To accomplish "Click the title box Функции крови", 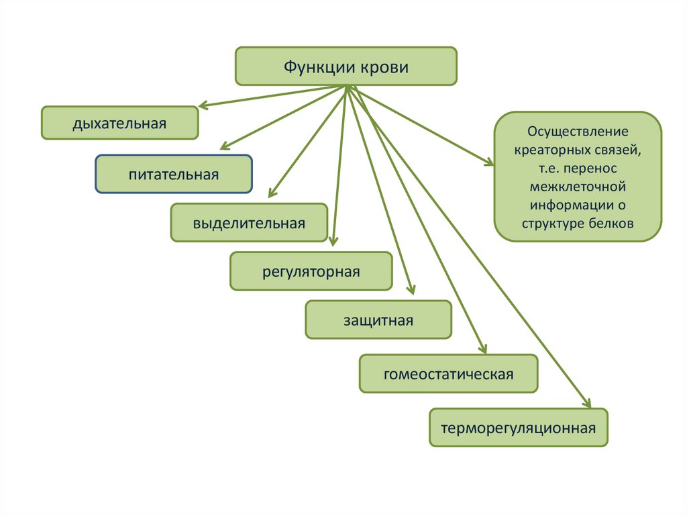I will [346, 66].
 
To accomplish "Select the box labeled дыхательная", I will [120, 123].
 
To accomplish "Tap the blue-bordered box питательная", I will [174, 175].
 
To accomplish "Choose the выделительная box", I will [249, 223].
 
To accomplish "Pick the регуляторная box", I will [311, 271].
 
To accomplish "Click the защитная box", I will [378, 320].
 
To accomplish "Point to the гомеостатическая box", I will [448, 374].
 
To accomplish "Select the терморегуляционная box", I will [518, 428].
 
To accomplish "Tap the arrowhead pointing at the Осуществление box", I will [489, 162].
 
